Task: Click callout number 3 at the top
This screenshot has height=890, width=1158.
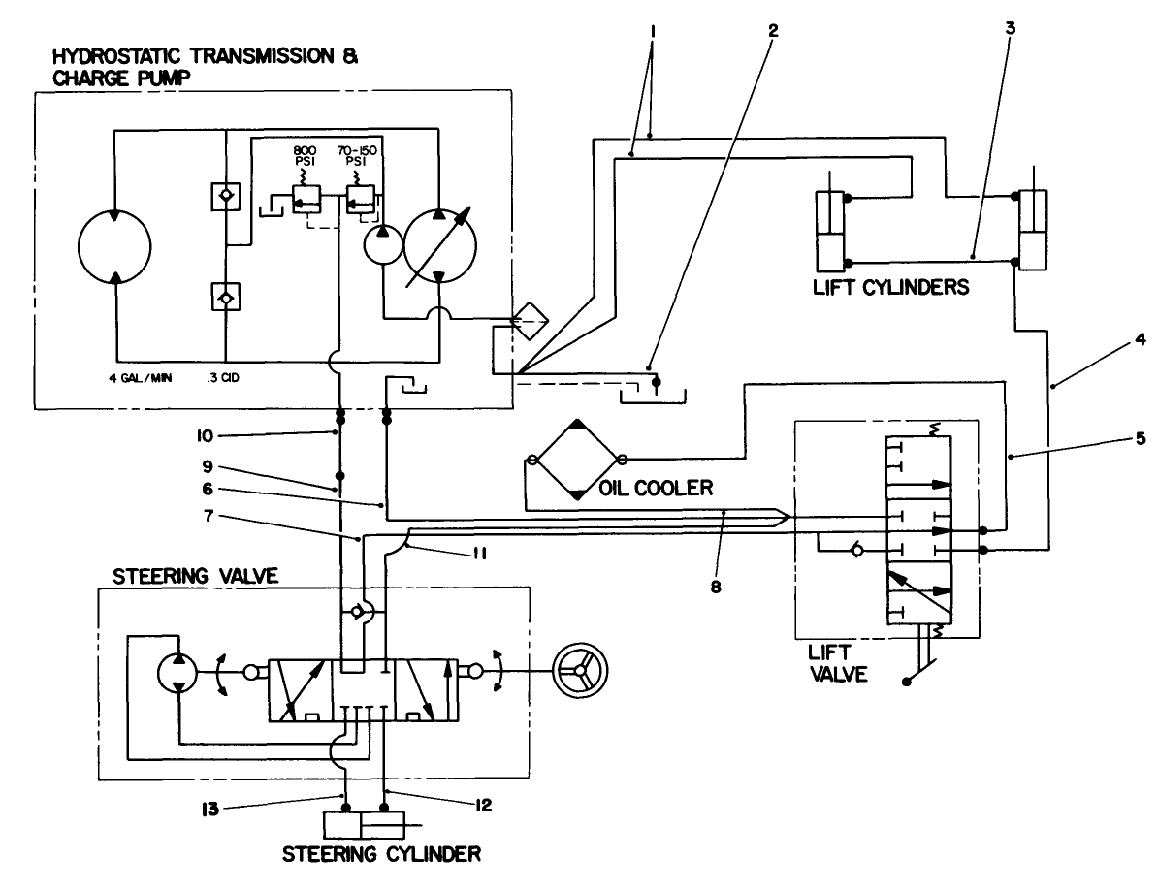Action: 1011,30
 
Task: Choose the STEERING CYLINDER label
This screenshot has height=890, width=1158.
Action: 381,854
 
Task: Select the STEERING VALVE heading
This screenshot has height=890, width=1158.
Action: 196,575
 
